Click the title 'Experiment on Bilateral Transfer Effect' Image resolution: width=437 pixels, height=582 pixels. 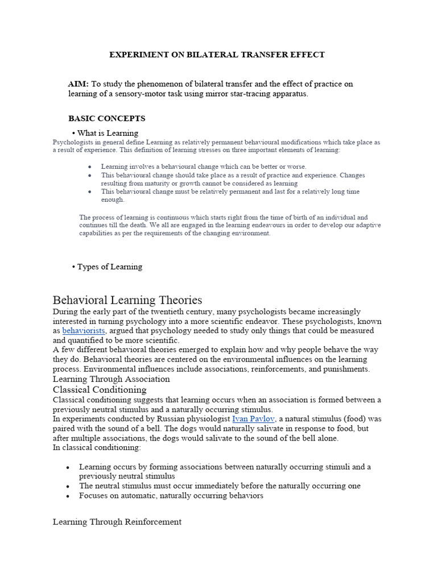click(x=217, y=55)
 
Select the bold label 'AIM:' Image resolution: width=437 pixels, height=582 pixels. click(x=79, y=84)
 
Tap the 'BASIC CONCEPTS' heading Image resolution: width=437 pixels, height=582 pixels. click(x=107, y=118)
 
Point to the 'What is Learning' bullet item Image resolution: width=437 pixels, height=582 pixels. click(x=108, y=133)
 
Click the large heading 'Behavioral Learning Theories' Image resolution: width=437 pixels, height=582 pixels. click(x=127, y=300)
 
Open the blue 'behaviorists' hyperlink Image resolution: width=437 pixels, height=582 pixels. click(x=84, y=330)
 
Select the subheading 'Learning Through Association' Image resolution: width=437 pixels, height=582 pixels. click(x=112, y=379)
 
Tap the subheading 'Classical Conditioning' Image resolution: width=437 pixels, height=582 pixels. click(x=100, y=389)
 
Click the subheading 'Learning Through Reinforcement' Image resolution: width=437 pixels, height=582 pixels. click(x=117, y=521)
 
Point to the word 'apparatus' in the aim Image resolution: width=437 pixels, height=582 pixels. click(x=290, y=94)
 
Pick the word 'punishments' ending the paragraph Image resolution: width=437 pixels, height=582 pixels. click(x=346, y=369)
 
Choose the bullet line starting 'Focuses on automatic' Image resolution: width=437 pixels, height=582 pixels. click(x=171, y=496)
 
